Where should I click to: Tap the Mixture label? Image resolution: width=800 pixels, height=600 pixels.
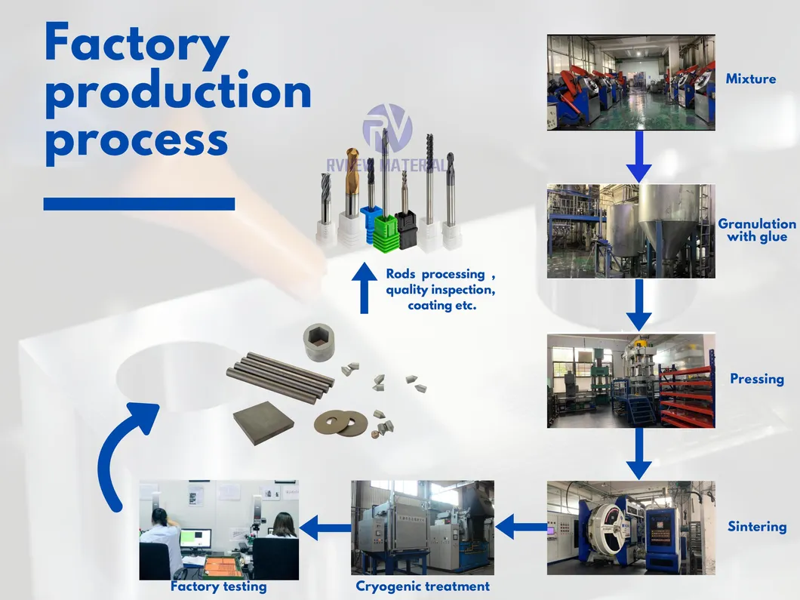[750, 78]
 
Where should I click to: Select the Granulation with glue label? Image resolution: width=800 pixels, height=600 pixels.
[756, 230]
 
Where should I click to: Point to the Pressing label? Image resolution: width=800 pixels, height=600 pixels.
[756, 379]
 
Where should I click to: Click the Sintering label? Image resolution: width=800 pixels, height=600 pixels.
[756, 527]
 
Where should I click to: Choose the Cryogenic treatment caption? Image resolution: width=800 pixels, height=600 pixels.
[423, 586]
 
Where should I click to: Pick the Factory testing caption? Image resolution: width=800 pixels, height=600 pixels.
[218, 586]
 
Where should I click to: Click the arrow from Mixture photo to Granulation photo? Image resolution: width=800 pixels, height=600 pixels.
[638, 156]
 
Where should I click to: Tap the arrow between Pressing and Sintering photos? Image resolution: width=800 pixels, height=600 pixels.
[638, 453]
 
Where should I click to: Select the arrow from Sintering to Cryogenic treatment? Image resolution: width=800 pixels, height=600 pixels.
[521, 526]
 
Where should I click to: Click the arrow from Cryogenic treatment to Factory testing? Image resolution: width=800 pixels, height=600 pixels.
[325, 526]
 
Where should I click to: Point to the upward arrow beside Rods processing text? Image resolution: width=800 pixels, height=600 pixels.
[365, 288]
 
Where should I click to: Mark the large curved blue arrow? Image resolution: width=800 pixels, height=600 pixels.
[121, 453]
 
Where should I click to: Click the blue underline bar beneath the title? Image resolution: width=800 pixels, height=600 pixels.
[139, 204]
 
